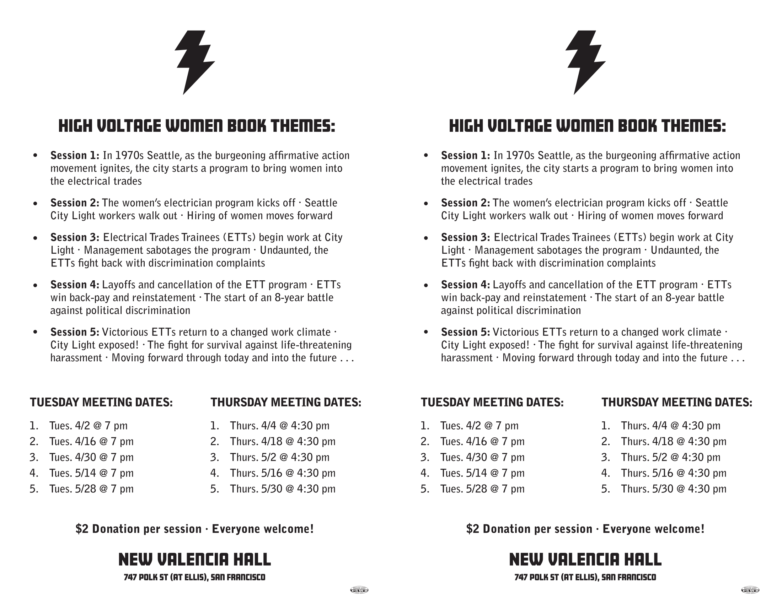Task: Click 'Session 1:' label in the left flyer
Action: point(75,156)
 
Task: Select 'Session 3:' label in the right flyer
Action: point(466,238)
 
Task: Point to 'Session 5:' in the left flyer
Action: point(75,333)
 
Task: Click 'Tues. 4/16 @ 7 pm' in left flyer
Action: point(91,442)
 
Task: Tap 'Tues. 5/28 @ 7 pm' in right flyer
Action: point(482,489)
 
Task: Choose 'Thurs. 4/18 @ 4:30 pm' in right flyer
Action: point(674,442)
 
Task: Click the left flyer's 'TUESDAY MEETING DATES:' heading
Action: point(101,403)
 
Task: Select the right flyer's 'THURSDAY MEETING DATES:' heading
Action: point(677,403)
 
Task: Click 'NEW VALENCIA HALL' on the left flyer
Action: point(194,560)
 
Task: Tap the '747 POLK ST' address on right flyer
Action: point(585,577)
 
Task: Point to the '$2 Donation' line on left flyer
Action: point(194,529)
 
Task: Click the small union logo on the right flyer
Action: point(750,590)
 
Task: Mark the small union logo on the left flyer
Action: point(359,590)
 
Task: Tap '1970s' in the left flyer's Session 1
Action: point(129,156)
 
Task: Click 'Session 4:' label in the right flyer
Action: point(466,285)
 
